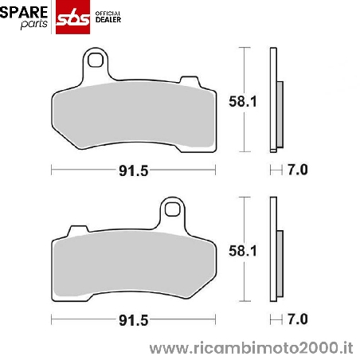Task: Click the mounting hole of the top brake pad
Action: pos(96,60)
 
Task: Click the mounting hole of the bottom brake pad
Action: pos(171,210)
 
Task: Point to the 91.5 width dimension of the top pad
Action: pos(133,170)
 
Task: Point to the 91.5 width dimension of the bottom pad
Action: pos(133,320)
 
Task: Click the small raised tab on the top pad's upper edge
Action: pos(190,81)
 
